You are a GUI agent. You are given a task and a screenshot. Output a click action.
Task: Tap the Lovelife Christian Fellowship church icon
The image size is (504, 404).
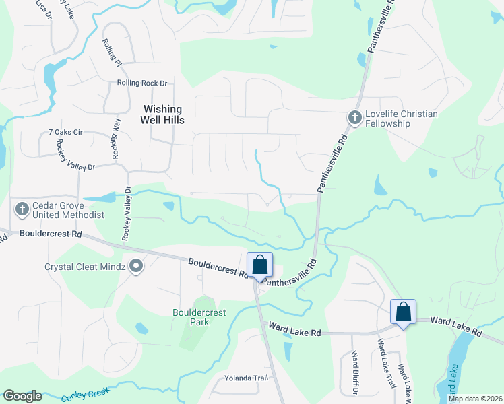pos(354,118)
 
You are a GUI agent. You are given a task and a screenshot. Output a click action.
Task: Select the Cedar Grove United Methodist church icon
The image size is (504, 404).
pos(22,209)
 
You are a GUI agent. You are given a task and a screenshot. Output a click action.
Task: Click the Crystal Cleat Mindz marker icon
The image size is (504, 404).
pos(136,267)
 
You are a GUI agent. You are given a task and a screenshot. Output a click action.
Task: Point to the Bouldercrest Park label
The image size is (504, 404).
pos(199,317)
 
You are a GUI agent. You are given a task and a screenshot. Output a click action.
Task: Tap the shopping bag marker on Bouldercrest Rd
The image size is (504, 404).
pos(260,265)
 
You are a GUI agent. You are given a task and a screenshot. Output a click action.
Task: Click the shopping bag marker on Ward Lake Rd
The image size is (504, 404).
pos(403,312)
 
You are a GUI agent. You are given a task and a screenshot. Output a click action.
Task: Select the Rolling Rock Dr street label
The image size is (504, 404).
pos(141,83)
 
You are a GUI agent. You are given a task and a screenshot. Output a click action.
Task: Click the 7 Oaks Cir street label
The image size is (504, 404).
pos(65,133)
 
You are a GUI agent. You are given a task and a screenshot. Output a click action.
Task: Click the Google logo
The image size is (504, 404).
pos(22,396)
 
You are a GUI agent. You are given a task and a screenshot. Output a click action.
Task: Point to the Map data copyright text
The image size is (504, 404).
pos(475,399)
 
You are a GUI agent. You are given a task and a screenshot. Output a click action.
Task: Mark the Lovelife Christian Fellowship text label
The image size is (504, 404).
pos(402,119)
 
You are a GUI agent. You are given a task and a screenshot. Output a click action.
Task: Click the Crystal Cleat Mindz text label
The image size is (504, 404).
pos(86,267)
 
